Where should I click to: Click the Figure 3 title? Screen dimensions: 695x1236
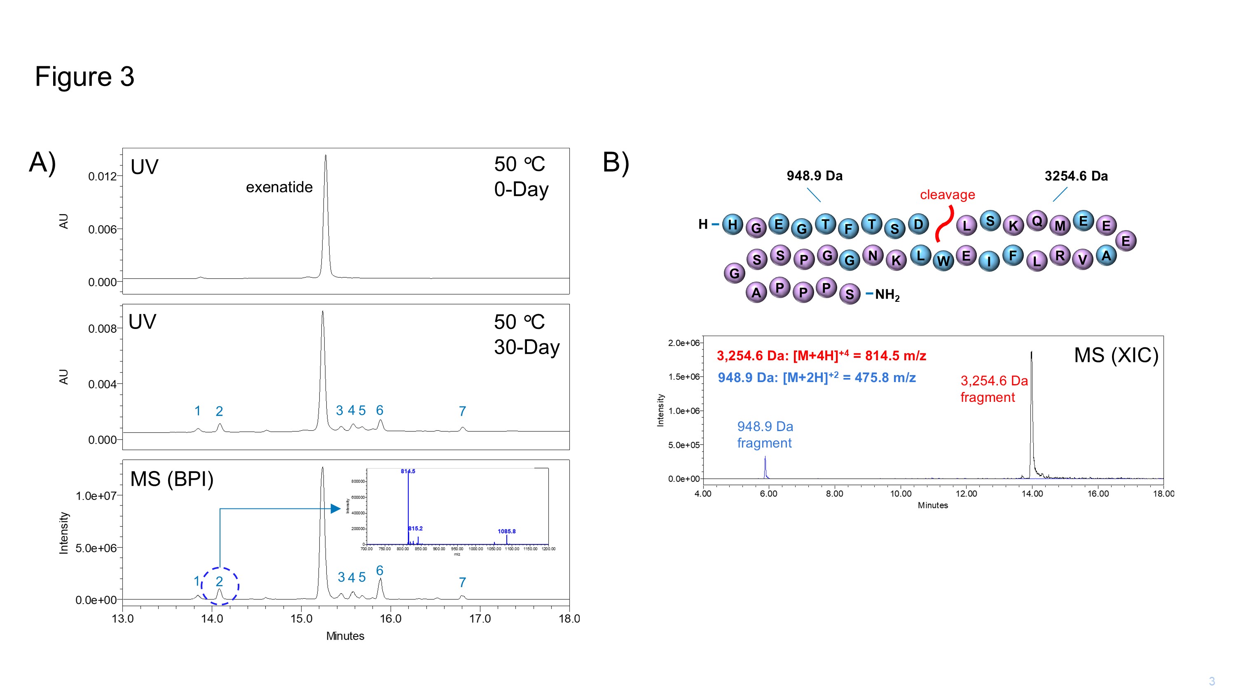coord(84,77)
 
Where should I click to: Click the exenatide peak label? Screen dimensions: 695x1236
coord(279,187)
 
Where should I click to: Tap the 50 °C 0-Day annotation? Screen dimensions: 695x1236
coord(521,177)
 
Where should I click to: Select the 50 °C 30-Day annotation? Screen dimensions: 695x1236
coord(527,334)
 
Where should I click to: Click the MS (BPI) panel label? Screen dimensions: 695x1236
coord(172,479)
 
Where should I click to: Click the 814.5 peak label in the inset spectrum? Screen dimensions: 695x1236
coord(408,471)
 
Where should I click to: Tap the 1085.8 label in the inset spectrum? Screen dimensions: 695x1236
coord(506,531)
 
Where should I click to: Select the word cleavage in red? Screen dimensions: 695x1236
coord(947,195)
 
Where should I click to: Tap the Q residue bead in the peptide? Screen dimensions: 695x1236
coord(1037,221)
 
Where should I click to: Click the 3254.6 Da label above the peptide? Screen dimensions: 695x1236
coord(1076,176)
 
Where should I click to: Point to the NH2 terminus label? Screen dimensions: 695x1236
coord(887,294)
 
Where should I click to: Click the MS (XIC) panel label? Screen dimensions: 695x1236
coord(1116,355)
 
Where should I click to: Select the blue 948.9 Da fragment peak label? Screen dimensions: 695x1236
coord(765,434)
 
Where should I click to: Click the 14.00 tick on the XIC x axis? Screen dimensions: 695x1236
coord(1032,494)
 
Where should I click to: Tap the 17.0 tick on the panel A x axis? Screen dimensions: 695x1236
coord(480,619)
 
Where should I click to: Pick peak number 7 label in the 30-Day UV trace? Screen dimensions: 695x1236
coord(462,411)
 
